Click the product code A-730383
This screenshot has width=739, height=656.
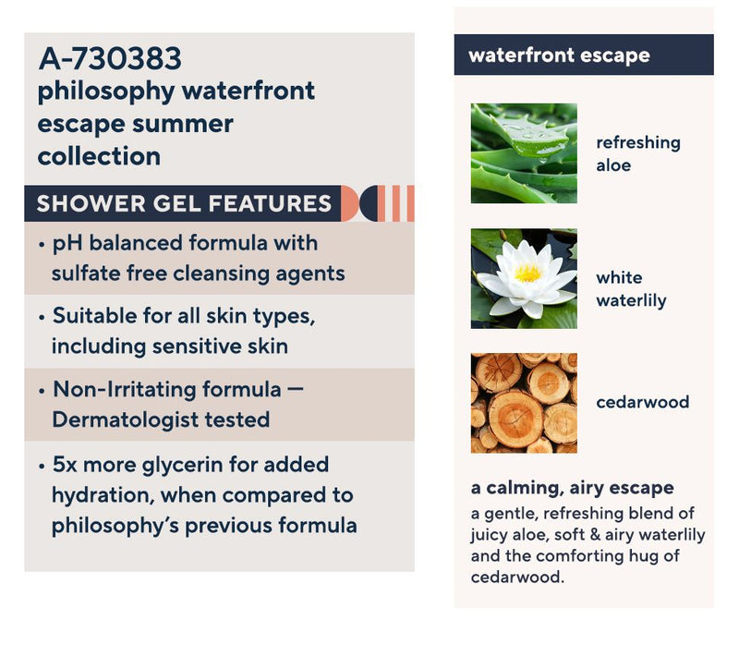coord(110,58)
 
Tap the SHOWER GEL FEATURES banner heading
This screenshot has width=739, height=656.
coord(184,203)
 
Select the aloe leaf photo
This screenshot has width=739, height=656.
coord(524,153)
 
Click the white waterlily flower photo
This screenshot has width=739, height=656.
coord(524,278)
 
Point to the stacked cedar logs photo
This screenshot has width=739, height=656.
coord(524,403)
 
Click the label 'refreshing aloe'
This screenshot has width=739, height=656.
coord(638,154)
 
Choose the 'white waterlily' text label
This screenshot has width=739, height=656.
coord(631,289)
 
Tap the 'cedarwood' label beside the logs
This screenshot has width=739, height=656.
coord(642,402)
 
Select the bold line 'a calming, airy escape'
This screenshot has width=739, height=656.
coord(572,488)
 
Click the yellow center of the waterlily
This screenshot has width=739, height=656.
coord(527,273)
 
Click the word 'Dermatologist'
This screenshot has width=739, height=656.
coord(125,419)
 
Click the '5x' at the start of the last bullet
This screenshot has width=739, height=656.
coord(65,465)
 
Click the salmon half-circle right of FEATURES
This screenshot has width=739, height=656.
coord(349,203)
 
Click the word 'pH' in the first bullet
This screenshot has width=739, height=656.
coord(67,244)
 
